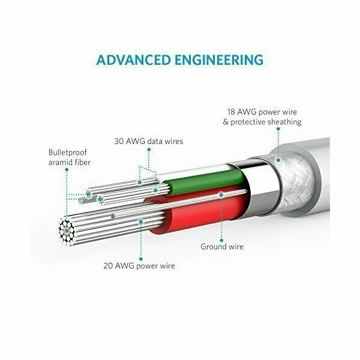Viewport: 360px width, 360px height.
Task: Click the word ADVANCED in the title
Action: pos(133,60)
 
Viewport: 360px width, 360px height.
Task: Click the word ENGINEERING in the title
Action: pos(219,60)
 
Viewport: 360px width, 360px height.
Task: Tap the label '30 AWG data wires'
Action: pos(149,141)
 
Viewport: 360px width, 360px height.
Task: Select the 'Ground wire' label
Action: pos(222,247)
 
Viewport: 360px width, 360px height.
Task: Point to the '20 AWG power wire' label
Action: pos(139,266)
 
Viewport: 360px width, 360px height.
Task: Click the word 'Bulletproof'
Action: pos(67,152)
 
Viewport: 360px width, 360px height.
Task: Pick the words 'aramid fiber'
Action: pos(70,163)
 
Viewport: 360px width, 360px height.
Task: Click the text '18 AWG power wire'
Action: pos(262,112)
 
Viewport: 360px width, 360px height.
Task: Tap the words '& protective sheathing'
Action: pos(262,122)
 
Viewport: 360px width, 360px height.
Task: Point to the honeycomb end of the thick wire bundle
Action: pos(67,230)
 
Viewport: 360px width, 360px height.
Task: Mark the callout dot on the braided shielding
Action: pos(278,160)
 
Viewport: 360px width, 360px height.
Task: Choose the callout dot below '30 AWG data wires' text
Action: pos(149,149)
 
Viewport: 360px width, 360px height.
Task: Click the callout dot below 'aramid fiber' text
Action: pos(67,170)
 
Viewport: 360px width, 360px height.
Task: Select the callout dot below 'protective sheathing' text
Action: pos(278,129)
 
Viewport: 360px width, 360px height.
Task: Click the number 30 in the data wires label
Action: pos(119,141)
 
